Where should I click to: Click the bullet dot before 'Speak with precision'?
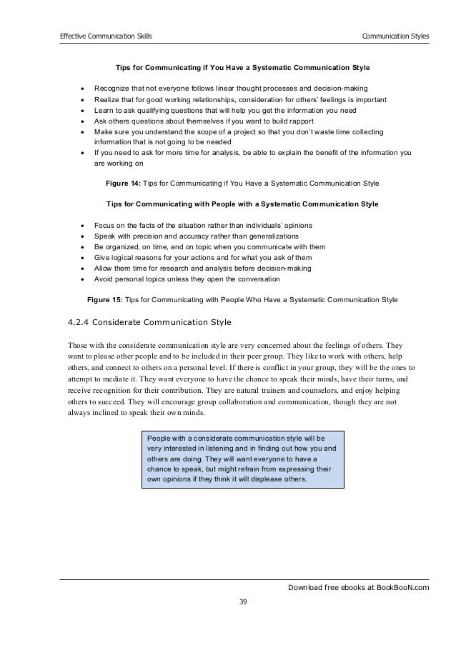tap(84, 236)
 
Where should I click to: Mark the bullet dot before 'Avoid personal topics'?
tap(84, 279)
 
